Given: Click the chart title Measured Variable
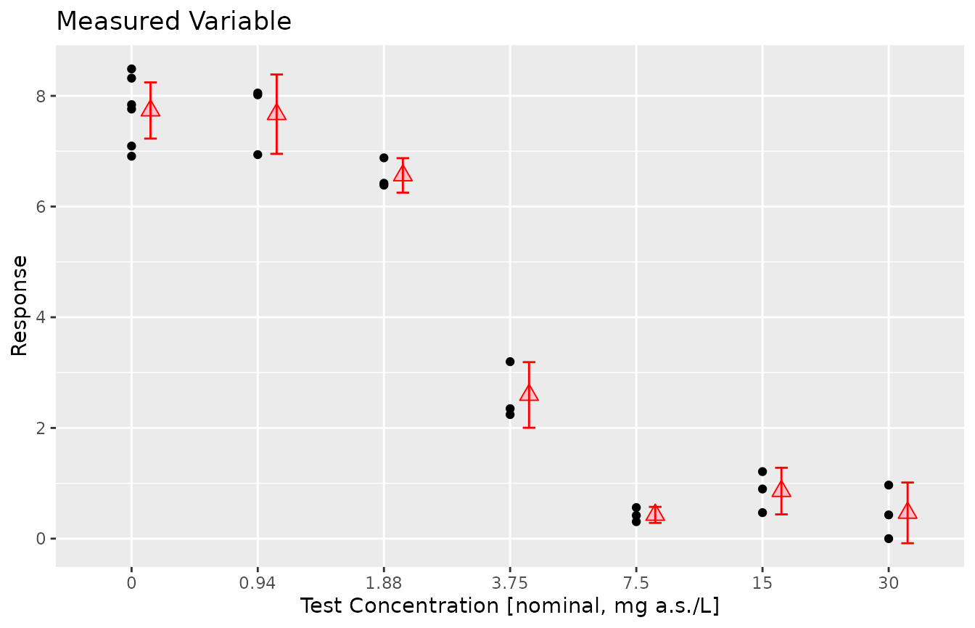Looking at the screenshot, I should point(173,22).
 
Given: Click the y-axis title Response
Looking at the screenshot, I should point(20,305).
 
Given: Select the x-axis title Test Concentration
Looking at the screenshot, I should point(510,605).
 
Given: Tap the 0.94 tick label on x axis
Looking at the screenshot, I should point(258,582).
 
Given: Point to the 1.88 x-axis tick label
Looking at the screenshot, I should point(384,582).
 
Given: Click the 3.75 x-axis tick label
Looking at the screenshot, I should point(510,582).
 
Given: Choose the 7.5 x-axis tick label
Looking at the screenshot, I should point(636,582).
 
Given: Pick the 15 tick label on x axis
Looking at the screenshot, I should point(762,582).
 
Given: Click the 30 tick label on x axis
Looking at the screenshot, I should point(889,582).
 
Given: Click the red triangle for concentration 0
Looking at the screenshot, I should point(150,109).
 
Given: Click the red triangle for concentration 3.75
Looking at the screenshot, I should point(529,393).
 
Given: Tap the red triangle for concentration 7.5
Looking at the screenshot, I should point(655,514).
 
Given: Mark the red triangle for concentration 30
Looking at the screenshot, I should point(908,512).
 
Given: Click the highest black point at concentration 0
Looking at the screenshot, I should point(131,69).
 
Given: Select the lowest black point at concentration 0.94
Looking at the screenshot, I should point(258,155).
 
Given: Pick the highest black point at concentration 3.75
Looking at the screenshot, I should point(510,362).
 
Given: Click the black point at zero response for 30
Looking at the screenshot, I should point(889,539).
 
